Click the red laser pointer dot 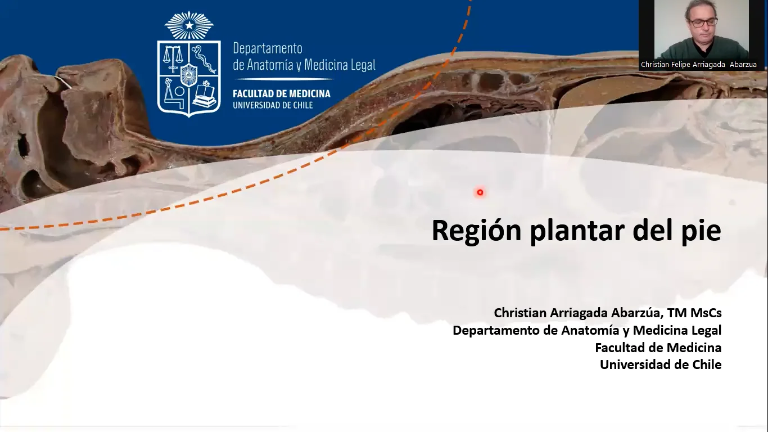(480, 192)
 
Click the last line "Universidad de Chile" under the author (661, 364)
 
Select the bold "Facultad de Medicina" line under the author (658, 348)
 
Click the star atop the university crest (189, 25)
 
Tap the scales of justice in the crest (172, 59)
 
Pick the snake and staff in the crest (204, 59)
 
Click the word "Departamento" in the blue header (268, 48)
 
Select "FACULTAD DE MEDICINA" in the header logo (282, 94)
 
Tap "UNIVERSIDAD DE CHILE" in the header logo (273, 105)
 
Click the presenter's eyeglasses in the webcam (703, 22)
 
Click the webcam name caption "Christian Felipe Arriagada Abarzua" (699, 65)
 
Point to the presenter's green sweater (703, 49)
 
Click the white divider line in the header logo (284, 79)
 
